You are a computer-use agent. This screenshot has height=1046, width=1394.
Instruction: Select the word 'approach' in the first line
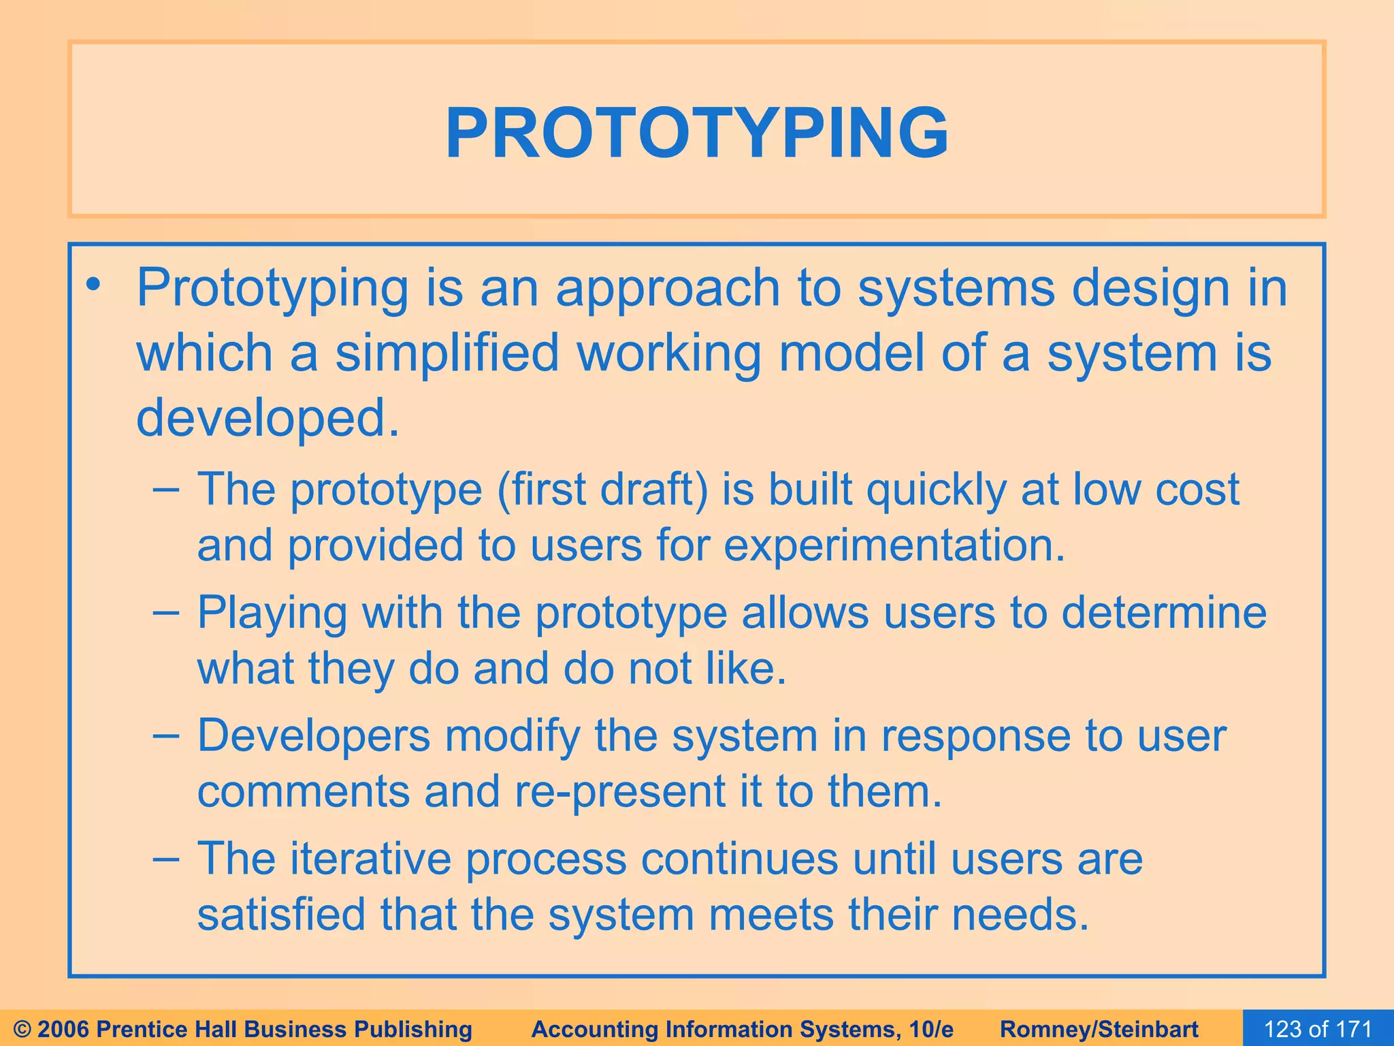(668, 289)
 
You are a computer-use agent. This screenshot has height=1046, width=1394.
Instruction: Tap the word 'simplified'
(447, 354)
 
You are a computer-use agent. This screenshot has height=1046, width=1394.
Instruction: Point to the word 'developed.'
(268, 417)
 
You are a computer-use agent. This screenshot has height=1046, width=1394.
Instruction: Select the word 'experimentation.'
(894, 547)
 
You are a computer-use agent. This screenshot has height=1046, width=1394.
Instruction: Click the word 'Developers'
(314, 738)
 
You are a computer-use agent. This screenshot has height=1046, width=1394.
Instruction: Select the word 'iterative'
(371, 859)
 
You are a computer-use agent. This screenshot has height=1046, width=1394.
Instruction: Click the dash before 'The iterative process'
(166, 859)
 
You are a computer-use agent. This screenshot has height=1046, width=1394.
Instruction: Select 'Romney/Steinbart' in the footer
(1099, 1029)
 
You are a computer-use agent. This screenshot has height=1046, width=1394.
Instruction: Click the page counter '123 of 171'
(1318, 1029)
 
